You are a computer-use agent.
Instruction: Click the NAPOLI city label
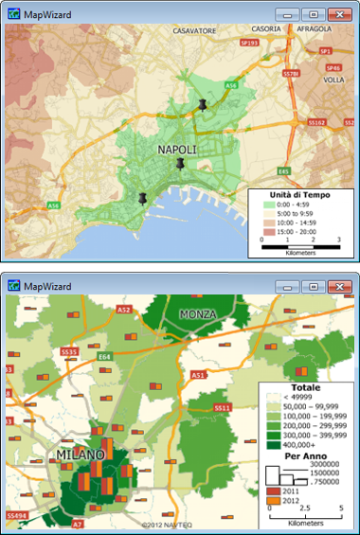point(178,150)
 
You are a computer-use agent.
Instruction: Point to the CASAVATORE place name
point(193,30)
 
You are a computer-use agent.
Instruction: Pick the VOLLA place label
point(333,80)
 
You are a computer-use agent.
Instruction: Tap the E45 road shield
point(283,171)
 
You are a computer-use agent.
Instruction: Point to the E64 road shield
point(105,357)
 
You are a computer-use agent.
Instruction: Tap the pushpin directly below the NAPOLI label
point(179,165)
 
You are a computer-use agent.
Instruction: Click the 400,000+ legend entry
point(305,441)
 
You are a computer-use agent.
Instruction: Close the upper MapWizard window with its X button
point(339,15)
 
